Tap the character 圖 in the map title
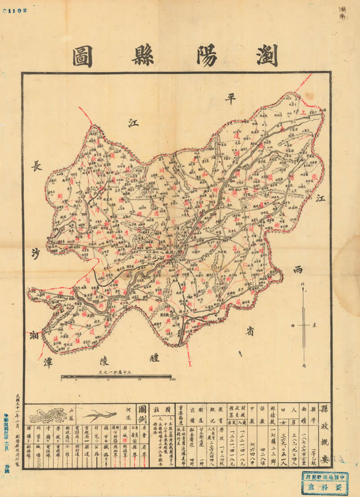pyautogui.click(x=83, y=56)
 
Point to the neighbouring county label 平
pyautogui.click(x=231, y=98)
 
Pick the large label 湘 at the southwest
pyautogui.click(x=35, y=335)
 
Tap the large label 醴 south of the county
pyautogui.click(x=155, y=358)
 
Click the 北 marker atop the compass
pyautogui.click(x=303, y=283)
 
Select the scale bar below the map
pyautogui.click(x=116, y=376)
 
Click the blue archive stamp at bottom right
pyautogui.click(x=324, y=483)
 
